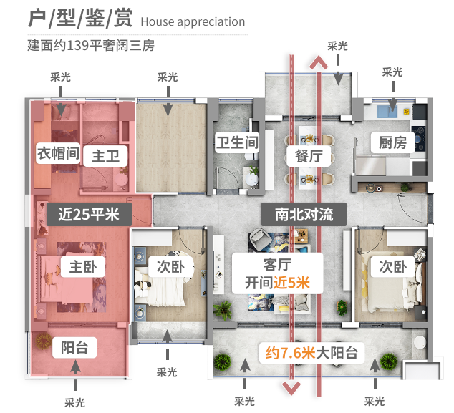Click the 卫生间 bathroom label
click(x=236, y=142)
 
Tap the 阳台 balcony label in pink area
click(x=74, y=348)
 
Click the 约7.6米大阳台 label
click(x=311, y=352)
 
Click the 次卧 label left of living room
click(x=170, y=267)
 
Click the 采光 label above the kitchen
click(x=392, y=72)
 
